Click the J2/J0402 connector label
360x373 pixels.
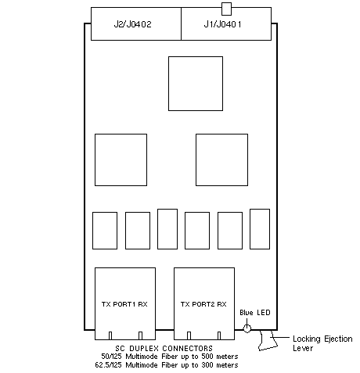(132, 24)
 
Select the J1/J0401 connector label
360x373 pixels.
(222, 24)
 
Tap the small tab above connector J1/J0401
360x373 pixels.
(226, 9)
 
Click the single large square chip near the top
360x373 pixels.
(196, 84)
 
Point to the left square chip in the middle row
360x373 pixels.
(121, 160)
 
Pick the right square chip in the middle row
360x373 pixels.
(221, 160)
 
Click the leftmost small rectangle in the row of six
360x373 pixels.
(105, 231)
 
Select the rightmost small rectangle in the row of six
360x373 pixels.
(260, 229)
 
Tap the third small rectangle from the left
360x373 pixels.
(167, 229)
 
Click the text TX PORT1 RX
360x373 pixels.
(124, 304)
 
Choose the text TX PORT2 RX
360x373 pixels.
(203, 304)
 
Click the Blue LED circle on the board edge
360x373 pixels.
(247, 328)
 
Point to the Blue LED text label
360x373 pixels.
(255, 313)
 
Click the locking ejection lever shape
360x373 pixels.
(268, 340)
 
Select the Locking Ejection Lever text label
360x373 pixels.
(322, 343)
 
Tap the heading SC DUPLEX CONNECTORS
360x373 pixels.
(164, 348)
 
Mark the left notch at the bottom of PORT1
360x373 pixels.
(110, 335)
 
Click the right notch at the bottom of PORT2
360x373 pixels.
(219, 335)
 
